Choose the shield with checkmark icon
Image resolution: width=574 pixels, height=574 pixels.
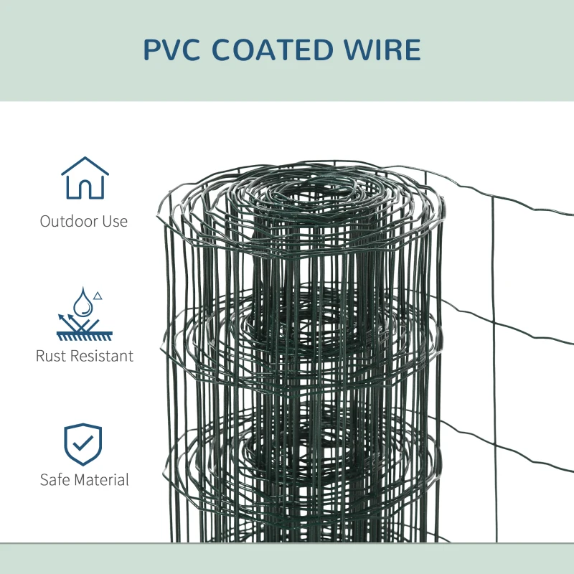[x=83, y=445]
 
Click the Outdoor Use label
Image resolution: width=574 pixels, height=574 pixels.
[x=84, y=221]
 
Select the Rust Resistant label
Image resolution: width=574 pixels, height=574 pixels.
[x=85, y=356]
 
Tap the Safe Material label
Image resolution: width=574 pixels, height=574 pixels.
[x=85, y=479]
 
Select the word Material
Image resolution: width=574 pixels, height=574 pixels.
[x=101, y=479]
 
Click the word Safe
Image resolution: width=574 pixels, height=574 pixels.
[x=55, y=479]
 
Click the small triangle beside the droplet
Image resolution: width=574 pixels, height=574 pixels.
[x=98, y=295]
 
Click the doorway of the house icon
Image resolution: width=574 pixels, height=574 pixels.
[x=85, y=189]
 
